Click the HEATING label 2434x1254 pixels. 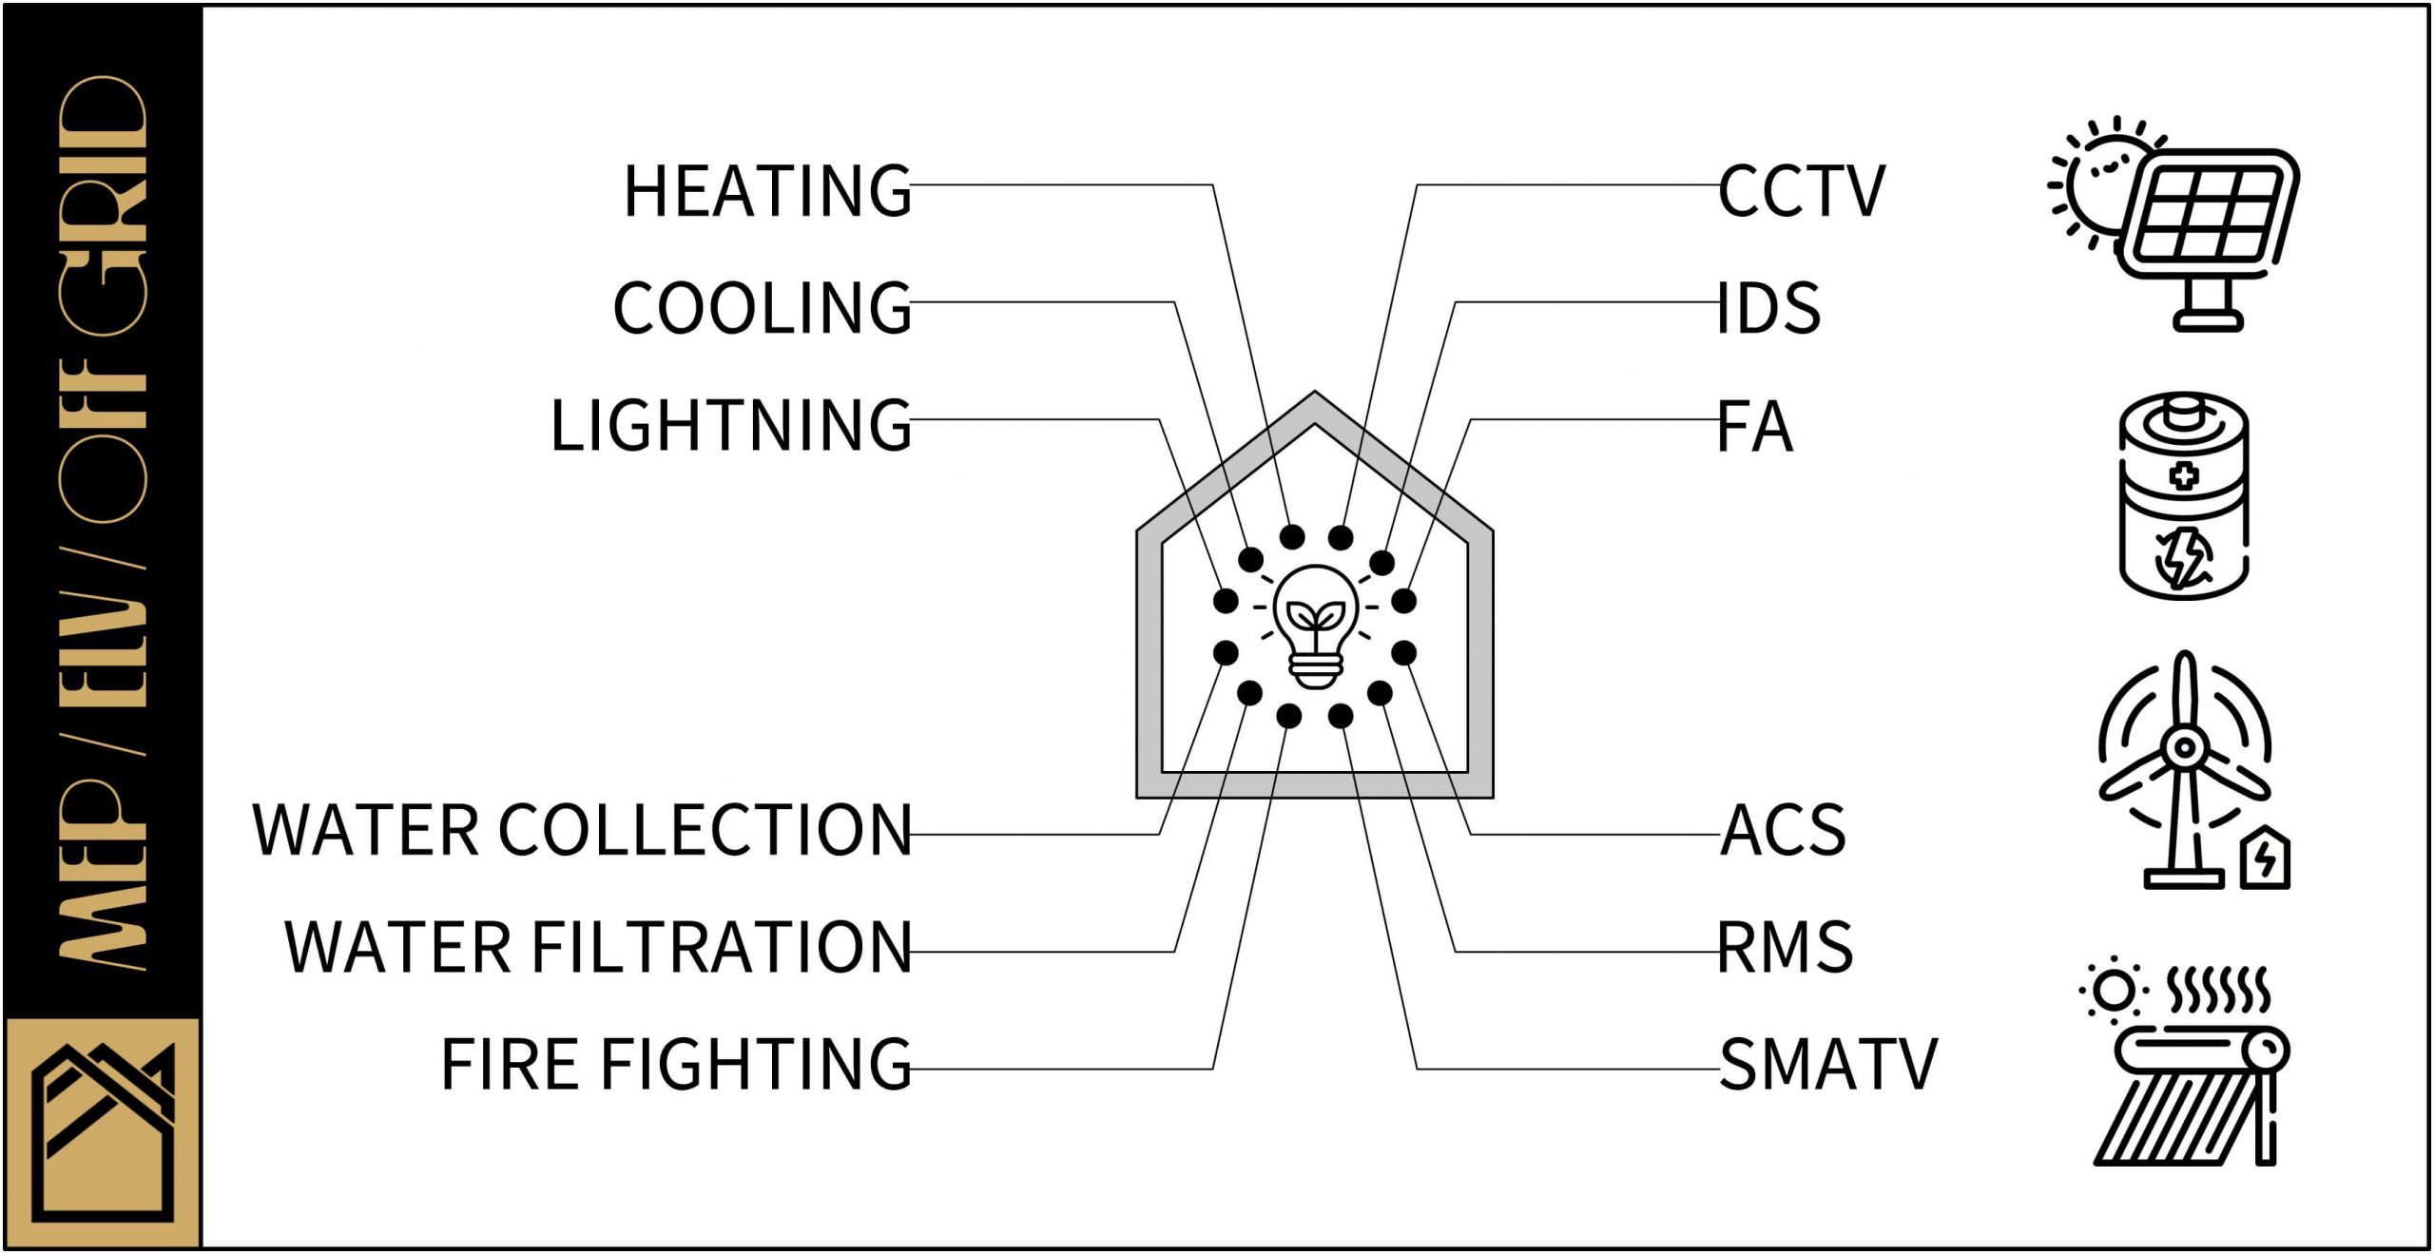[x=767, y=191]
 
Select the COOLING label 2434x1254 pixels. [x=762, y=308]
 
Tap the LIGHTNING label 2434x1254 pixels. [x=730, y=425]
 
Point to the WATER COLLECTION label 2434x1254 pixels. [x=582, y=830]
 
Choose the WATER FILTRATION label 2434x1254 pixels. [x=598, y=947]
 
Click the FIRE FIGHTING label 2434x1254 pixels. [x=676, y=1064]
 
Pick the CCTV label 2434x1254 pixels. [x=1801, y=191]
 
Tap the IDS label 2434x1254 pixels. [x=1768, y=308]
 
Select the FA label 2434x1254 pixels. [x=1755, y=427]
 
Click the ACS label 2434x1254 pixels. [x=1783, y=830]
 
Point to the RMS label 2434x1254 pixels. [x=1785, y=947]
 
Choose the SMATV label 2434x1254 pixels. [x=1827, y=1065]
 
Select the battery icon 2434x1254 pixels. [x=2184, y=495]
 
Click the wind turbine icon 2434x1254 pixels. [x=2184, y=770]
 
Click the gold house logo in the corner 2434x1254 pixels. [x=103, y=1131]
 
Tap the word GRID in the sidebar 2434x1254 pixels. [x=103, y=204]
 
